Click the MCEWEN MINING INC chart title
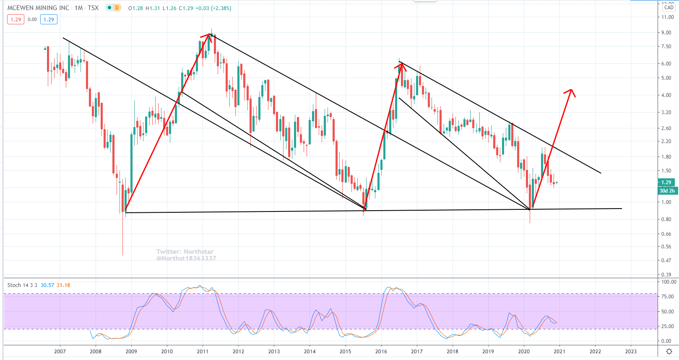tap(38, 8)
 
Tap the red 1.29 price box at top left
tap(16, 19)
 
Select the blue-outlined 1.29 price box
tap(49, 19)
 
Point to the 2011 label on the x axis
tap(203, 351)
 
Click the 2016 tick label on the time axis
tap(381, 351)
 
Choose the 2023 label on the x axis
tap(630, 351)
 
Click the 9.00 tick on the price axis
tap(666, 33)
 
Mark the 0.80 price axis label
tap(666, 219)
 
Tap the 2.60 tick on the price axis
tap(666, 128)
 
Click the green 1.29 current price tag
tap(666, 183)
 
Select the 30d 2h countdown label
tap(667, 191)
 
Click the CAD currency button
tap(669, 8)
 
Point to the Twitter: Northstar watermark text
tap(185, 252)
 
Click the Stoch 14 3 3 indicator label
tap(22, 285)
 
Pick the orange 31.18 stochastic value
tap(63, 285)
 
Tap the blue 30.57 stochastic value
tap(47, 285)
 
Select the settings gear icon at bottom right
tap(669, 351)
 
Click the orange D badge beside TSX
tap(117, 8)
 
